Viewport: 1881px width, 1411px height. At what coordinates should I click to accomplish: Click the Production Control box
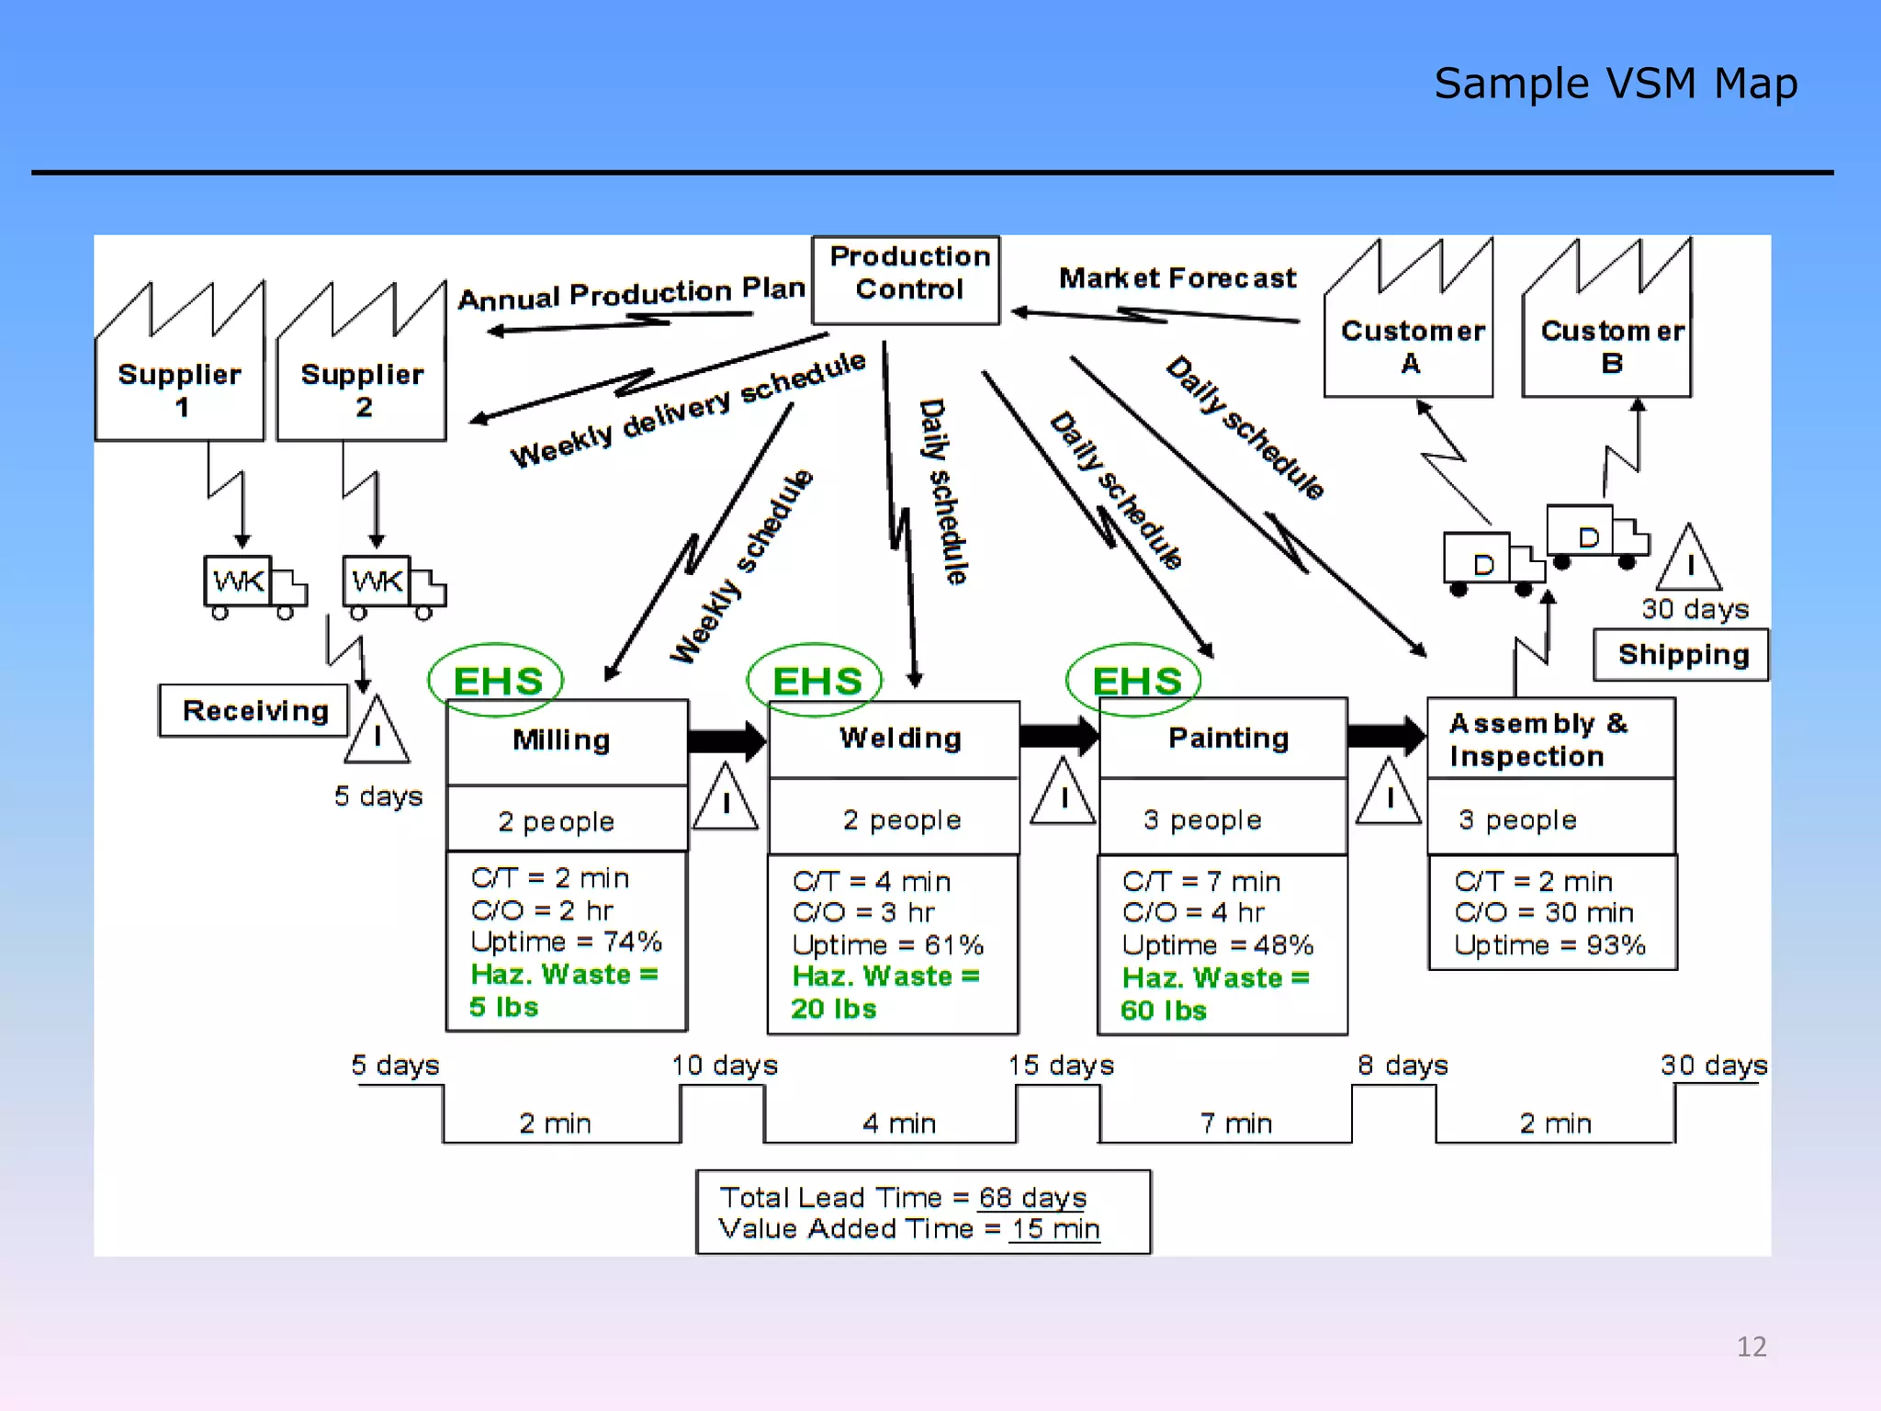(906, 279)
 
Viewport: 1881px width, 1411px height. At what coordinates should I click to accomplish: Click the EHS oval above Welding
(815, 681)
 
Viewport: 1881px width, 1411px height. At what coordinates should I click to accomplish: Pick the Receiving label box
(254, 710)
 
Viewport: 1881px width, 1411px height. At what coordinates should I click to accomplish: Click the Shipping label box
(1681, 655)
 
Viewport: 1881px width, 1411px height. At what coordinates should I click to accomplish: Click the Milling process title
(561, 740)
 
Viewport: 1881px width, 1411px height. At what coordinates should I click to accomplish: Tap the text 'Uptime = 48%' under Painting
(1217, 944)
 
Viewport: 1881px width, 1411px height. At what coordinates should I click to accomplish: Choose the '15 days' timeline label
(1061, 1065)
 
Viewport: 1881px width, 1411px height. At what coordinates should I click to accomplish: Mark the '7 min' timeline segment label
(1236, 1123)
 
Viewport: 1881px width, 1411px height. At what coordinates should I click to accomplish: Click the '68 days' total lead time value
(1032, 1198)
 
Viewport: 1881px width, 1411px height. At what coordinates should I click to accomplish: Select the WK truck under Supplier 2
(393, 584)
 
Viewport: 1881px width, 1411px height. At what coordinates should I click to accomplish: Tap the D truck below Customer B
(1595, 536)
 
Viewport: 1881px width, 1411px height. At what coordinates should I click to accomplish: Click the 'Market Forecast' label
(1177, 277)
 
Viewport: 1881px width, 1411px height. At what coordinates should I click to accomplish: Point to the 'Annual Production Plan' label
(631, 293)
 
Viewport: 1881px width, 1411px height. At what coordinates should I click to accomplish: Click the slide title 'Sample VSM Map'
(1615, 84)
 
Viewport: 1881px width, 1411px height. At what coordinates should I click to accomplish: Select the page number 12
(1751, 1347)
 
